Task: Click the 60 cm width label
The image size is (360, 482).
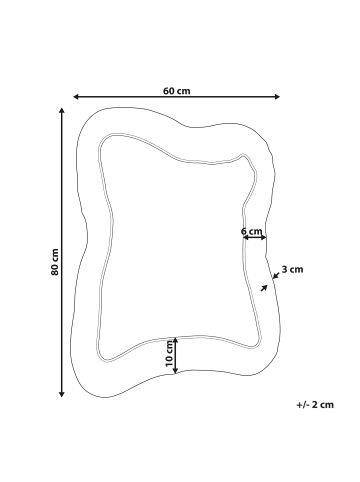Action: tap(177, 91)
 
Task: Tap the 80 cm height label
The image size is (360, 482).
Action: tap(55, 262)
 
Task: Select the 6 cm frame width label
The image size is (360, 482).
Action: tap(251, 231)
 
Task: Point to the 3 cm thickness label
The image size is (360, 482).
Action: tap(292, 269)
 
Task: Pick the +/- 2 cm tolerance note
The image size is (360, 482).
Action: tap(315, 405)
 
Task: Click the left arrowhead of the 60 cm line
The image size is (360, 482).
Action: tap(75, 97)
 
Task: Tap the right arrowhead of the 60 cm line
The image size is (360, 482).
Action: tap(277, 97)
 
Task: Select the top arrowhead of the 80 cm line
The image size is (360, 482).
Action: tap(61, 110)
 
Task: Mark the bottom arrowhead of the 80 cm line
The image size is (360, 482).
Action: tap(61, 395)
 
